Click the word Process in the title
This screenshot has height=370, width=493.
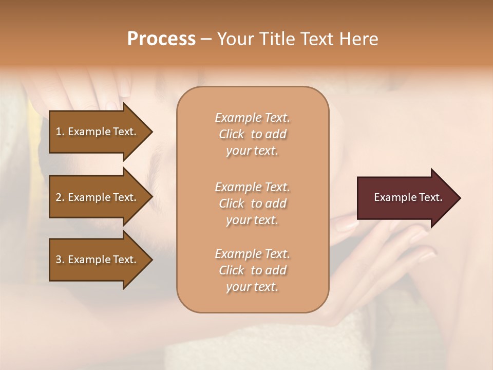pos(161,39)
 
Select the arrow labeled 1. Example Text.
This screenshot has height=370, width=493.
pos(98,132)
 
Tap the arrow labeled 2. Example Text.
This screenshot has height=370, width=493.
pos(98,197)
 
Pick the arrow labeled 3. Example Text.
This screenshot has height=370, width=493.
pos(98,260)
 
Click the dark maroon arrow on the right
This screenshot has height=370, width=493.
pos(406,198)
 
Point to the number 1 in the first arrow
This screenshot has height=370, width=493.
pos(59,132)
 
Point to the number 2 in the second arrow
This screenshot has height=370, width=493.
pos(59,197)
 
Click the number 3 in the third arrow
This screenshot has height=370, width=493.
pos(59,260)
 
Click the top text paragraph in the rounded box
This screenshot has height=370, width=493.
pos(252,134)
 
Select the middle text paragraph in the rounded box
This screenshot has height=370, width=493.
pos(252,203)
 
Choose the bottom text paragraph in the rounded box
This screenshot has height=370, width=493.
pos(252,270)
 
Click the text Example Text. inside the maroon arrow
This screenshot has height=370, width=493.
pos(408,197)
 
